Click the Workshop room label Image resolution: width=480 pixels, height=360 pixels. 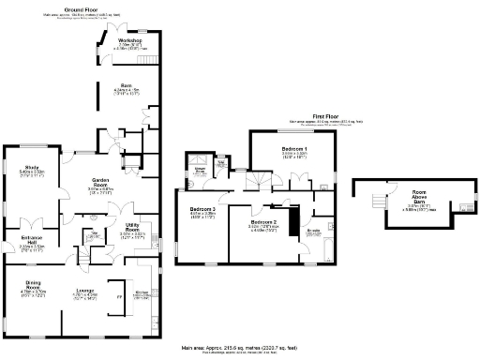coord(130,41)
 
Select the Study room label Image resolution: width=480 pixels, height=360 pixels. coord(30,170)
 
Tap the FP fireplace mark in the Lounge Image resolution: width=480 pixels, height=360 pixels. coord(118,298)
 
